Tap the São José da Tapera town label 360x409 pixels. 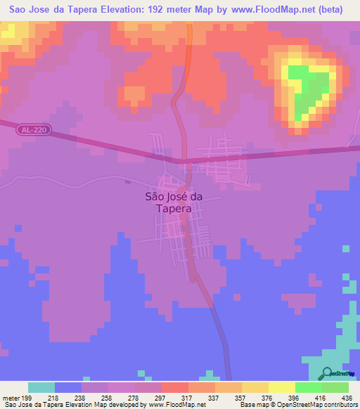[x=173, y=204]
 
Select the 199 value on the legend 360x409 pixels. [x=27, y=398]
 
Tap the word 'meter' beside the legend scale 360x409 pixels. [x=11, y=398]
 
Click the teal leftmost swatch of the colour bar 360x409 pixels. [x=41, y=387]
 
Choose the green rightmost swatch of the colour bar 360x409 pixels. [x=335, y=387]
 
